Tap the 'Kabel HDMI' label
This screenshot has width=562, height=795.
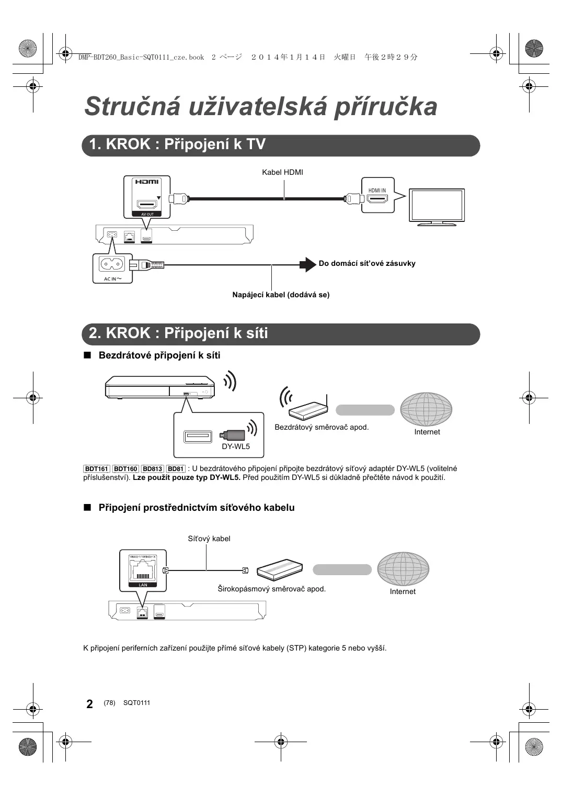coord(282,172)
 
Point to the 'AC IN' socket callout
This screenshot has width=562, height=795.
coord(112,267)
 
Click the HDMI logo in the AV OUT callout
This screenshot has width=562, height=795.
coord(147,182)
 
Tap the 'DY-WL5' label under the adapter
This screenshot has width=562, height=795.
coord(236,446)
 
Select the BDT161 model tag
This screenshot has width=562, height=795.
coord(97,469)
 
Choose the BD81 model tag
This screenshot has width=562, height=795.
coord(176,469)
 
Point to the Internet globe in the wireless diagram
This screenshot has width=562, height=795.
coord(426,409)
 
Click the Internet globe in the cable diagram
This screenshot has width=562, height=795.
coord(403,569)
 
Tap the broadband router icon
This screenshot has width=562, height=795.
coord(280,569)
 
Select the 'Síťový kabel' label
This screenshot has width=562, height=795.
coord(209,539)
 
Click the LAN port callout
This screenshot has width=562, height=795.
coord(143,569)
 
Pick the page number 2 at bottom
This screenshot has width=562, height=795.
coord(90,704)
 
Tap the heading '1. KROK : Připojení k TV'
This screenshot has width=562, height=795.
coord(177,144)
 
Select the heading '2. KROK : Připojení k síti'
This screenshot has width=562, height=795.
coord(178,333)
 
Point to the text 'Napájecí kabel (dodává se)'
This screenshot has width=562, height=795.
coord(281,295)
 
